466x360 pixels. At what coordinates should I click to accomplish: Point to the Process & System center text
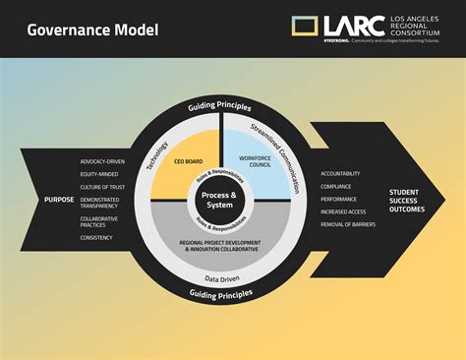pos(219,200)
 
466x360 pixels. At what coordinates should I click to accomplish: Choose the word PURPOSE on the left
pos(60,200)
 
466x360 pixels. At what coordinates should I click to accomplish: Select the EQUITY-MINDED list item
pos(98,174)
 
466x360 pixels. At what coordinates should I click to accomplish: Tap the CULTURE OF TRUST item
pos(101,187)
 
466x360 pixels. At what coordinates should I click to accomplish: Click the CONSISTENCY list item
pos(96,237)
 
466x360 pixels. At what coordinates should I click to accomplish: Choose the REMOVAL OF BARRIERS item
pos(349,224)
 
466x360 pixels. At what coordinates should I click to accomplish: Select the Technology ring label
pos(157,151)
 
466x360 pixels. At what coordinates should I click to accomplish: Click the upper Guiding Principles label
pos(219,106)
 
